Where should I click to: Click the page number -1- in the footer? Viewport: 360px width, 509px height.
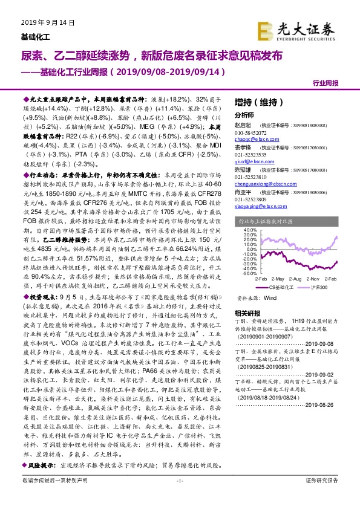click(179, 497)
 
